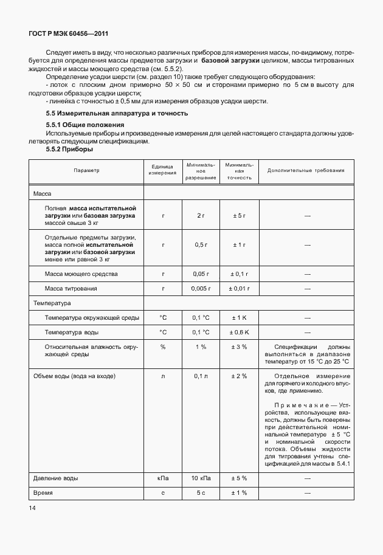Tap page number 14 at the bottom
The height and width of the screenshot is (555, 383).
[32, 506]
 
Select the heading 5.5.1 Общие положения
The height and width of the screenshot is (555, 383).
[86, 125]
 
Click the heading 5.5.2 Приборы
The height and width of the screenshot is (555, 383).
[70, 149]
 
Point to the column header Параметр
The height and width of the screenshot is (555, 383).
[86, 171]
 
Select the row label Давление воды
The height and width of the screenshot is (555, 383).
[56, 478]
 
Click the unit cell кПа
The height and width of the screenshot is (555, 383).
[163, 478]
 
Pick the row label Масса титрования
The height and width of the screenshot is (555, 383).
[71, 289]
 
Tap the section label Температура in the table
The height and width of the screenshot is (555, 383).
[53, 303]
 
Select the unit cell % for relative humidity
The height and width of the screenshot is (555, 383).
[163, 347]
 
